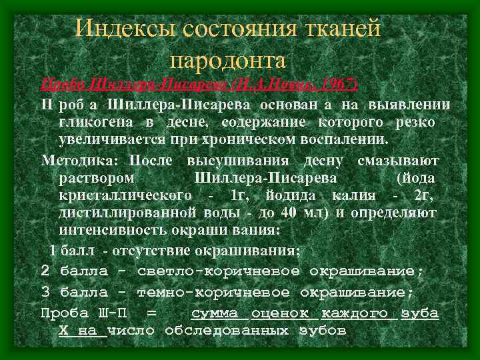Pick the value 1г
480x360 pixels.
[x=237, y=196]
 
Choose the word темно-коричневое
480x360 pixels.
[x=213, y=293]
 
